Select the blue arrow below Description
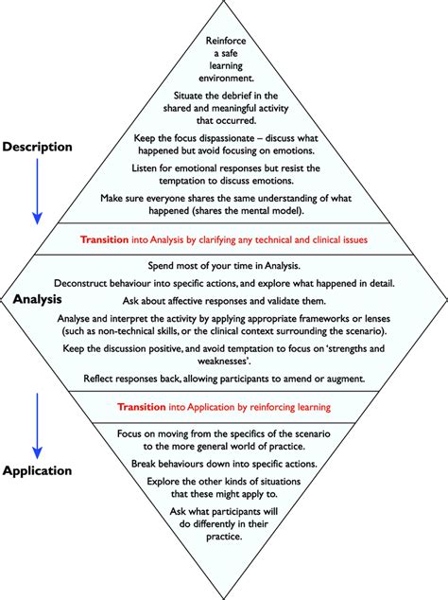(x=37, y=190)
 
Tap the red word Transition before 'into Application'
(x=148, y=408)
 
